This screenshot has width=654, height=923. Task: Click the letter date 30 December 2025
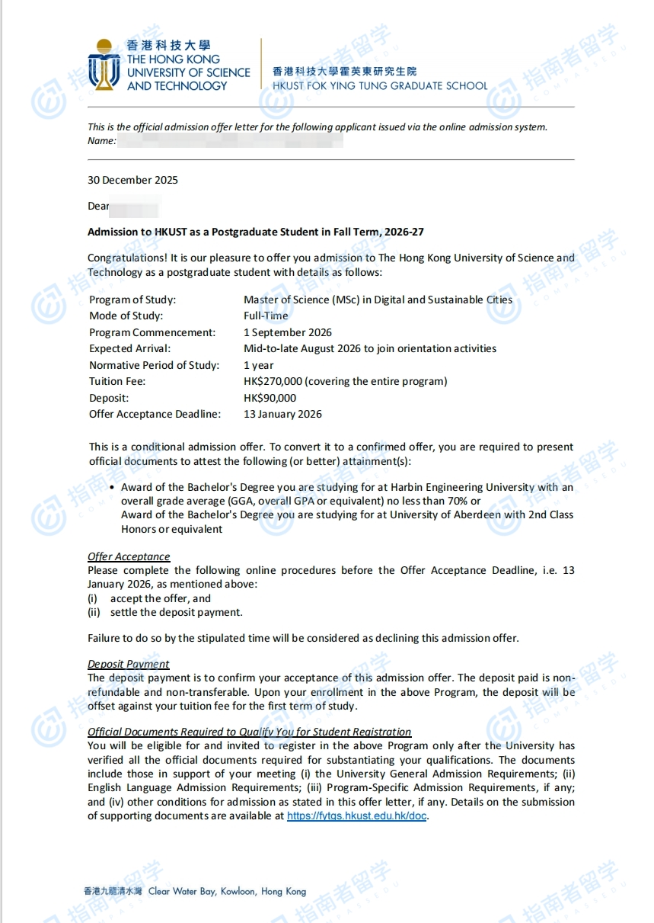[132, 181]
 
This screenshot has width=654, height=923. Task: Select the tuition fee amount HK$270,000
[273, 382]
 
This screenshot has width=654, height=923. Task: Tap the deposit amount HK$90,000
[270, 398]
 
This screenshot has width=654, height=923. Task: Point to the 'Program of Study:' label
[132, 300]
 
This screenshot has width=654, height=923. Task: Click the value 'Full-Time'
[266, 316]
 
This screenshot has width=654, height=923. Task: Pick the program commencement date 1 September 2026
[288, 332]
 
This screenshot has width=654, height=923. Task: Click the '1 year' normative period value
[259, 365]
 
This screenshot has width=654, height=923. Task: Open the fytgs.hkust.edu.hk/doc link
[357, 816]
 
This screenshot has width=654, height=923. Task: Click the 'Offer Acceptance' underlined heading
[129, 557]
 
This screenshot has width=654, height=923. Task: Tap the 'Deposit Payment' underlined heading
[129, 665]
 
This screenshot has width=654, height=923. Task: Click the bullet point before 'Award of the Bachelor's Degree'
[112, 488]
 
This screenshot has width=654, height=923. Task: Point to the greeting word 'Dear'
[99, 207]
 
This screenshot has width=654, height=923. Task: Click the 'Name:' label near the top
[102, 141]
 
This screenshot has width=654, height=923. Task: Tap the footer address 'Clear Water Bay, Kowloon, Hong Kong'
[227, 891]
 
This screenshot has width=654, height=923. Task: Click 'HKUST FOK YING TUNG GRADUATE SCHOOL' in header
[380, 86]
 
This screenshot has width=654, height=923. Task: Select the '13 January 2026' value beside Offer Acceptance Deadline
[282, 415]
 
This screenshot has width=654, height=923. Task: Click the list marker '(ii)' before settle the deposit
[94, 613]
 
